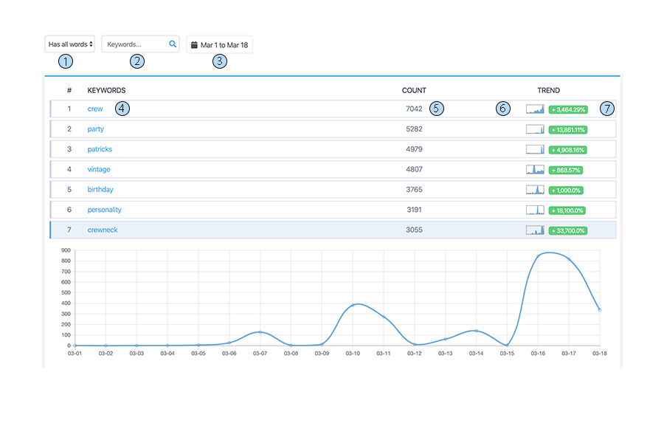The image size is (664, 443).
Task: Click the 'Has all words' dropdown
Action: click(x=69, y=44)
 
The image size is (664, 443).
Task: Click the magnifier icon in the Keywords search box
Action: click(x=173, y=44)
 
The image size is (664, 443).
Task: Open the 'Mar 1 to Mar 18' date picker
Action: click(x=219, y=45)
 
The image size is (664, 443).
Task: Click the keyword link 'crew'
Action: click(x=95, y=109)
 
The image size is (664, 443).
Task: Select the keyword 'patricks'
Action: click(x=100, y=149)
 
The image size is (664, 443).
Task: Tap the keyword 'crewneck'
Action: click(x=103, y=230)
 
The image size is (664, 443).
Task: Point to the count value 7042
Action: click(x=414, y=109)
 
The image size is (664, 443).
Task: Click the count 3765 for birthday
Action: click(x=414, y=190)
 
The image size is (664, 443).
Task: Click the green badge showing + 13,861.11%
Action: click(x=568, y=129)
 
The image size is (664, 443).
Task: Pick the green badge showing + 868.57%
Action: click(x=565, y=170)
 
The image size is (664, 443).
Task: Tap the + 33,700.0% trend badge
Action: click(x=567, y=230)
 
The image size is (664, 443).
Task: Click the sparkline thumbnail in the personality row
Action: click(x=535, y=210)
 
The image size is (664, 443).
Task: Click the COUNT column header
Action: click(x=414, y=90)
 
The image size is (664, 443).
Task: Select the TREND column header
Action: click(x=548, y=90)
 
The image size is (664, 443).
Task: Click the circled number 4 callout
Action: click(x=122, y=109)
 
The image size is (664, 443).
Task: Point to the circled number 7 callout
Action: click(x=606, y=109)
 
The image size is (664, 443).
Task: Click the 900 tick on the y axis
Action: click(x=65, y=250)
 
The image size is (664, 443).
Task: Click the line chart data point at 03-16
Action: click(x=538, y=256)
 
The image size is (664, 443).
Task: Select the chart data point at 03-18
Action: click(x=599, y=309)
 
